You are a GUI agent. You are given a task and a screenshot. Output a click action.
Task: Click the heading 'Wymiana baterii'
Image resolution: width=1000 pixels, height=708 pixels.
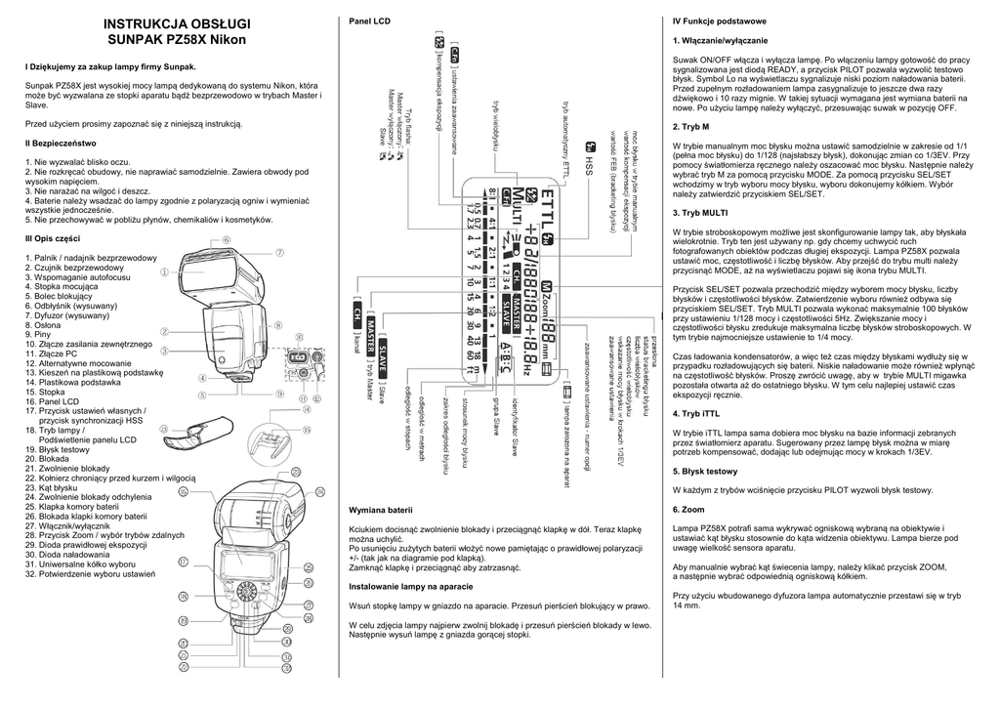(x=381, y=511)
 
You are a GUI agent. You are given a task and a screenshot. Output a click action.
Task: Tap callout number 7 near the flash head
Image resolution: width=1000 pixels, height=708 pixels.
(x=278, y=251)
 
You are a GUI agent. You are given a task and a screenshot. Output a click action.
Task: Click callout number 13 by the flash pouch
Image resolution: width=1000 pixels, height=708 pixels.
(x=307, y=429)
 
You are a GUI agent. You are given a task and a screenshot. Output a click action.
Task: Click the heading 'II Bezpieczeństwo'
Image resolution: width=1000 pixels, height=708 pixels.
(x=63, y=144)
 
